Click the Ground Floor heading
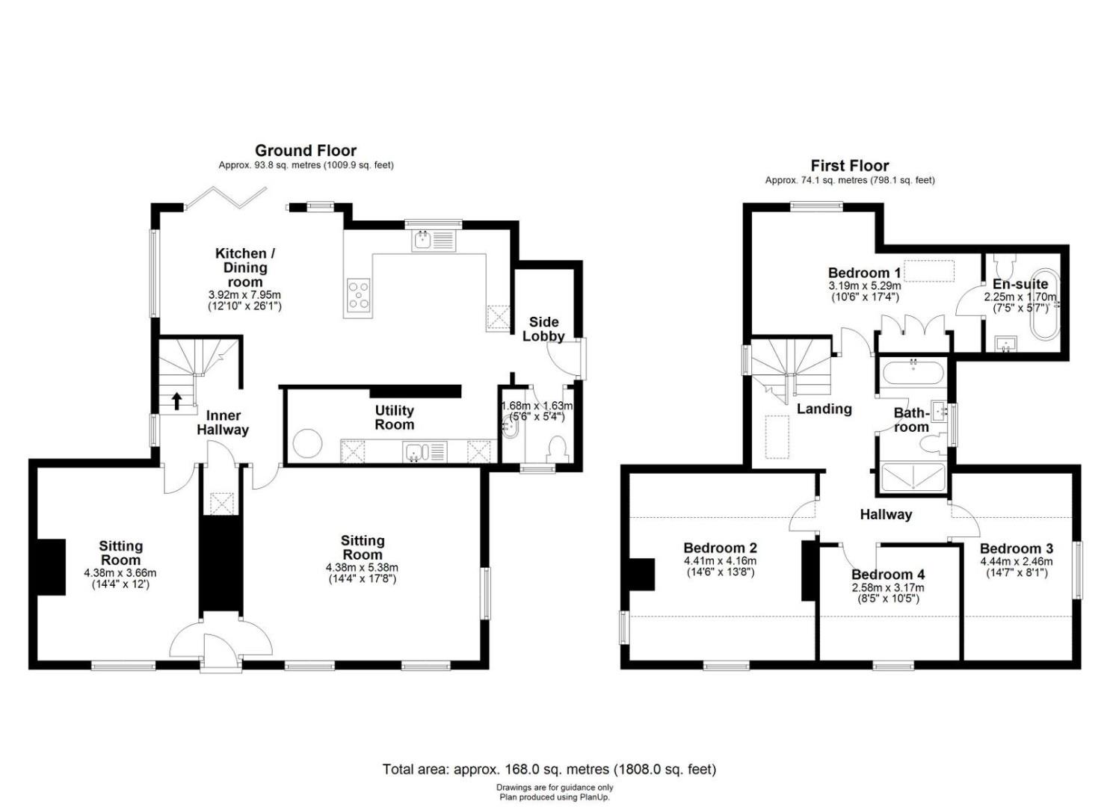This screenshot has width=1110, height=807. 306,151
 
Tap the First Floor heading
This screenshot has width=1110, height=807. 850,165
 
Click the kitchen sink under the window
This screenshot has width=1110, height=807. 433,242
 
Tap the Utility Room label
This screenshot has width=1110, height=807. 395,418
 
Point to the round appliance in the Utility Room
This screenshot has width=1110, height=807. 307,442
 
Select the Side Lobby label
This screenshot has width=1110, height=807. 543,329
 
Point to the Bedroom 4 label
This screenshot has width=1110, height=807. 889,575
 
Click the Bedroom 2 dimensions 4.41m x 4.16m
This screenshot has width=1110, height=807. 720,561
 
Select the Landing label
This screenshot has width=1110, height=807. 824,409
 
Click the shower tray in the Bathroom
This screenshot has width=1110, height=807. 912,477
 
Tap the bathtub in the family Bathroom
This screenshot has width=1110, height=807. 912,373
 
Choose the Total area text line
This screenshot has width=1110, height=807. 549,770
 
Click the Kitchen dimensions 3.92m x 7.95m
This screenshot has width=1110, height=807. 244,294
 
